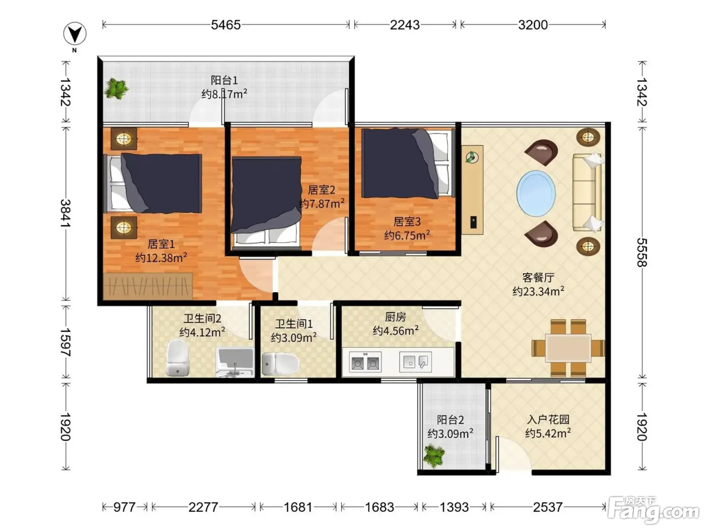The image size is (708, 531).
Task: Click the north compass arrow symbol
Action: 74,33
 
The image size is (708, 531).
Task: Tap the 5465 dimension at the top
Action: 226,25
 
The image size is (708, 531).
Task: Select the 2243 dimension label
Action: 405,25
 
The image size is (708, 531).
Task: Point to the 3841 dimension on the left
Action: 65,213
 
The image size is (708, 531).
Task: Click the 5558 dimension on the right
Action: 642,252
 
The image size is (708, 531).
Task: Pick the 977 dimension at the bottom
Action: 124,507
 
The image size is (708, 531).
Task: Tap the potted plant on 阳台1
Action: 116,88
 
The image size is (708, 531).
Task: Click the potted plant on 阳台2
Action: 434,456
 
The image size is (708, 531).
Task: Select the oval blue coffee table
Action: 536,194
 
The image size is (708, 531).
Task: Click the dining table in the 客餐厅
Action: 568,348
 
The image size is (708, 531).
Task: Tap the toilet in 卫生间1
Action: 281,364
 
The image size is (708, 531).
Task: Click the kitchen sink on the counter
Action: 416,362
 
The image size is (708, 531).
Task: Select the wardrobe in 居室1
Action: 148,286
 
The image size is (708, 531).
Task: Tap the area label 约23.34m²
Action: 539,291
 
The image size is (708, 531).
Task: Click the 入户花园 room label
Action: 548,419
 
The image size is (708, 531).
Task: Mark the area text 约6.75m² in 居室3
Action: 407,235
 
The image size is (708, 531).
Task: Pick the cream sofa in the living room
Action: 588,193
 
